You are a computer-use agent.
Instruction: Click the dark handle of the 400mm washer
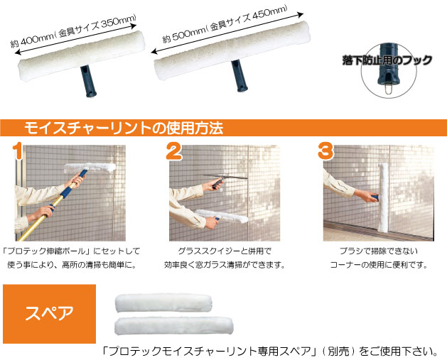(x=88, y=82)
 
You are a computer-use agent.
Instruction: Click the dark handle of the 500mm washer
(x=239, y=76)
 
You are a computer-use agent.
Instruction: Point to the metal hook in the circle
(x=387, y=87)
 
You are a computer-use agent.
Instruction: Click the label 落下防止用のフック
(x=387, y=60)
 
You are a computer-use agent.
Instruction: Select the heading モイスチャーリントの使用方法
(x=124, y=128)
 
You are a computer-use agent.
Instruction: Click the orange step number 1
(x=18, y=151)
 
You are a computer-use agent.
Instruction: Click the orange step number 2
(x=174, y=151)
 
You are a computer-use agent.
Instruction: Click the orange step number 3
(x=326, y=151)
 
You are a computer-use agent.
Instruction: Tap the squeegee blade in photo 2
(x=226, y=177)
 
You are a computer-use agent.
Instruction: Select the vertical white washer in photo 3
(x=384, y=197)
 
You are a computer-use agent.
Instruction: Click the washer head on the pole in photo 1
(x=90, y=168)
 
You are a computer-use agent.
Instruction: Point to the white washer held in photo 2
(x=222, y=216)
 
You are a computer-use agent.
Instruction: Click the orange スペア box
(x=49, y=314)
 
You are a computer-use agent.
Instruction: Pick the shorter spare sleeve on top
(x=163, y=302)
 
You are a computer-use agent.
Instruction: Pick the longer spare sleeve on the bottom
(x=174, y=326)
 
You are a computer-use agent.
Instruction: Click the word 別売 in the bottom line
(x=339, y=351)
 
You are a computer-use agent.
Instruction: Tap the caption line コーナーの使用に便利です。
(x=379, y=265)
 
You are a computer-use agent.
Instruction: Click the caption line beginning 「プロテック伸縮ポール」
(x=71, y=251)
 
